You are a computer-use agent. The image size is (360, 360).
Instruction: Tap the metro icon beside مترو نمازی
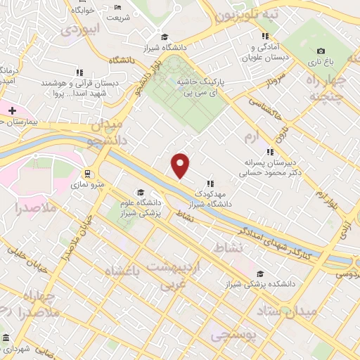(87, 174)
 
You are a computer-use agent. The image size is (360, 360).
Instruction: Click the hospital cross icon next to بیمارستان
(12, 110)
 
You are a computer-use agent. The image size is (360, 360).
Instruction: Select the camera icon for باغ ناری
(321, 51)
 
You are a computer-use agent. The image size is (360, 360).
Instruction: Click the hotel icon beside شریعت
(117, 8)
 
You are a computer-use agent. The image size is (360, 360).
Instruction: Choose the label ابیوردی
(81, 30)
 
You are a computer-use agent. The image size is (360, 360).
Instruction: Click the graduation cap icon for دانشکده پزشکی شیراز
(260, 274)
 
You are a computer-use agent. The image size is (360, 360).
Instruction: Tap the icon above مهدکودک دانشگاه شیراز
(210, 184)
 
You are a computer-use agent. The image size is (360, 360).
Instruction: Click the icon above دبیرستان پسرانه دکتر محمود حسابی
(270, 151)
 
